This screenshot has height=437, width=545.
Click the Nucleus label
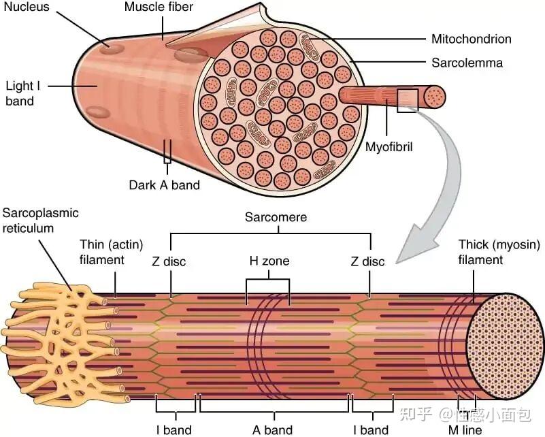click(x=27, y=7)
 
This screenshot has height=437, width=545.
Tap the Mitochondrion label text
click(x=472, y=39)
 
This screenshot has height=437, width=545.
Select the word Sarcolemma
click(x=467, y=63)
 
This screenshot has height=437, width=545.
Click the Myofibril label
click(x=389, y=147)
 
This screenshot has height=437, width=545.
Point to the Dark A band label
click(x=164, y=185)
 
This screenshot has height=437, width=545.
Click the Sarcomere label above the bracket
click(x=276, y=217)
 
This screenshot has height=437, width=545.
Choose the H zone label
click(x=269, y=261)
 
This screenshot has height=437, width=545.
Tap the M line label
click(x=465, y=430)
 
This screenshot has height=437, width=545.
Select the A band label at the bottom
click(x=272, y=430)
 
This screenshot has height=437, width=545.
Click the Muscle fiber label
click(x=159, y=7)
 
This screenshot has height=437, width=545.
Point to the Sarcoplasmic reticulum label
click(x=40, y=221)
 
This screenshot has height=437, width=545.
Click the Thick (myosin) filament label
click(x=499, y=252)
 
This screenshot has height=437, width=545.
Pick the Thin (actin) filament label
click(x=111, y=252)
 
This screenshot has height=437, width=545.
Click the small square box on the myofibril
click(x=408, y=101)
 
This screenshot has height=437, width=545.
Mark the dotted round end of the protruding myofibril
click(x=435, y=96)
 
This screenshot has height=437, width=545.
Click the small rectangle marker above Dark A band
click(x=167, y=152)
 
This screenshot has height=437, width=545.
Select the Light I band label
click(x=23, y=93)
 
